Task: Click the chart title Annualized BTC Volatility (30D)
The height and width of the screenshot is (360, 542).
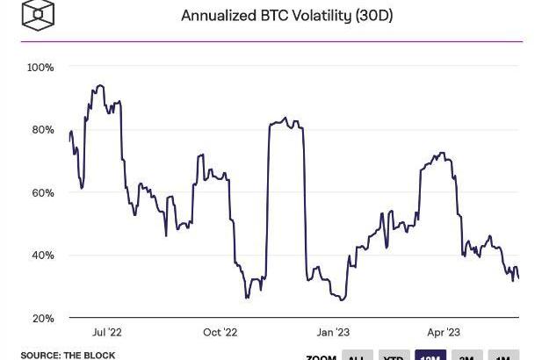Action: tap(286, 16)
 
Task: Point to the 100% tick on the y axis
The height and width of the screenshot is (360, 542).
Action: tap(40, 68)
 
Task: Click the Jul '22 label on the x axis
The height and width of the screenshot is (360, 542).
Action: tap(106, 333)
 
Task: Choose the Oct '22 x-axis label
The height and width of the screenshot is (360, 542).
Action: tap(220, 333)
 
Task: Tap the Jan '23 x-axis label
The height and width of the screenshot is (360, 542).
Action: tap(332, 333)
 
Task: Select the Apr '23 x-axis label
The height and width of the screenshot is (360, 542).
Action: tap(444, 333)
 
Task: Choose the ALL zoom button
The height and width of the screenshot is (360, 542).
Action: tap(356, 356)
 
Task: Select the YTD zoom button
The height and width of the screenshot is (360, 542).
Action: tap(394, 356)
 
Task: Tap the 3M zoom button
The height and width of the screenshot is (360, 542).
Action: tap(467, 356)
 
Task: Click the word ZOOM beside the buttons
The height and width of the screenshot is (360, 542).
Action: tap(321, 357)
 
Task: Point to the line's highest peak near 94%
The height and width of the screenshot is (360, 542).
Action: tap(100, 85)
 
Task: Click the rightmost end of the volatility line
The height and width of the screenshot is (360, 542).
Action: tap(518, 278)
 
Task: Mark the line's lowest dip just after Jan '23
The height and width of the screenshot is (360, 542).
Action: tap(342, 300)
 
